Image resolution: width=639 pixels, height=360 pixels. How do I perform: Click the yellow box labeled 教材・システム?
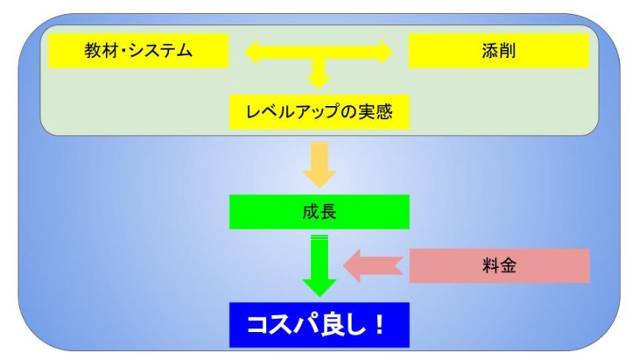pyautogui.click(x=138, y=51)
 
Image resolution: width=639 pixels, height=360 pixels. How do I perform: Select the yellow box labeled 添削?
pyautogui.click(x=499, y=51)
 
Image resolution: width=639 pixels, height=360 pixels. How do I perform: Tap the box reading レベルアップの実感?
pyautogui.click(x=319, y=112)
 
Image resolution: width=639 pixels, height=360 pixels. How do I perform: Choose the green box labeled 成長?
pyautogui.click(x=319, y=212)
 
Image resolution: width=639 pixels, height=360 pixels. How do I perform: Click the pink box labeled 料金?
pyautogui.click(x=499, y=265)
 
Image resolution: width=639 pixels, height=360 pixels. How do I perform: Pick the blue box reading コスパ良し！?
pyautogui.click(x=319, y=325)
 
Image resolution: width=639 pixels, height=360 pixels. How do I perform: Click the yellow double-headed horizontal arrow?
pyautogui.click(x=319, y=53)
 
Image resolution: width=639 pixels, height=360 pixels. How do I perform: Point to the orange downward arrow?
pyautogui.click(x=319, y=165)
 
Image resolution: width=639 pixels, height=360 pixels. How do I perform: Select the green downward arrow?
pyautogui.click(x=319, y=265)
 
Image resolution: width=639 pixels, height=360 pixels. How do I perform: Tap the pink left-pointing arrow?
pyautogui.click(x=373, y=265)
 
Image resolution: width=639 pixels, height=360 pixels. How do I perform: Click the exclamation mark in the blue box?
pyautogui.click(x=379, y=325)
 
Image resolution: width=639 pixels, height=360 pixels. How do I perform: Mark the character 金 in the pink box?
pyautogui.click(x=508, y=265)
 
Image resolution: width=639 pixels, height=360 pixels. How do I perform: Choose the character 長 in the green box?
pyautogui.click(x=328, y=212)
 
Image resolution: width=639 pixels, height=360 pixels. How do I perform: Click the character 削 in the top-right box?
pyautogui.click(x=508, y=51)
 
